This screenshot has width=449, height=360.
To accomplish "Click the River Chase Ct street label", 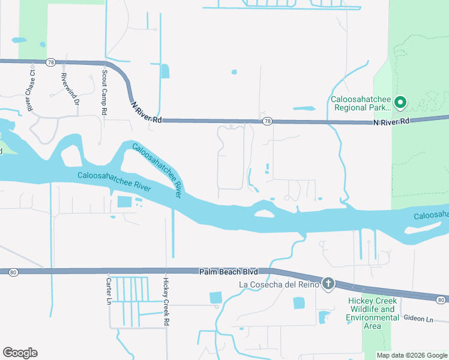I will tap(31, 92).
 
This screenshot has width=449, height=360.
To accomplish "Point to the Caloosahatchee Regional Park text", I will tap(361, 103).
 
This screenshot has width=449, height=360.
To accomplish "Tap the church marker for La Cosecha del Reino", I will tap(328, 284).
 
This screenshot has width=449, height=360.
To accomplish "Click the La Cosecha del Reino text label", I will tap(277, 284).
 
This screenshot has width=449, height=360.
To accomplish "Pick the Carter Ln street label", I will tap(109, 290).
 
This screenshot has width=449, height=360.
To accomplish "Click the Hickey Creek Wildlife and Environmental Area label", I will tap(372, 313).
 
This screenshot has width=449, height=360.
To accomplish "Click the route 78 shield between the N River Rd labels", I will tap(267, 121).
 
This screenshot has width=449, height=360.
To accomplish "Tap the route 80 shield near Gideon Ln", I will tap(441, 299).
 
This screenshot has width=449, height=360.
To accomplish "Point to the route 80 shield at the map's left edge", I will tap(13, 272).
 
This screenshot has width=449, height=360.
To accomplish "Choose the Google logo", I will tap(20, 353).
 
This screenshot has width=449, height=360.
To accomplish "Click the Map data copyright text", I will tap(411, 355).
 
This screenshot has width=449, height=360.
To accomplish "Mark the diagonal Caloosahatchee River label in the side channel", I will tap(157, 170).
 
